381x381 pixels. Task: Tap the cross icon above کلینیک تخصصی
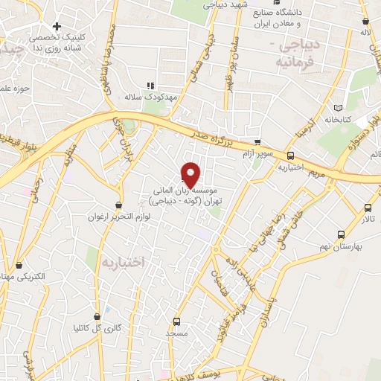tap(57, 27)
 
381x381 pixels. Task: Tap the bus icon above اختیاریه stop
tap(290, 156)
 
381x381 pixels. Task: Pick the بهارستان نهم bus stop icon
tap(342, 234)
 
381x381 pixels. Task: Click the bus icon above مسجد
tap(176, 321)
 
